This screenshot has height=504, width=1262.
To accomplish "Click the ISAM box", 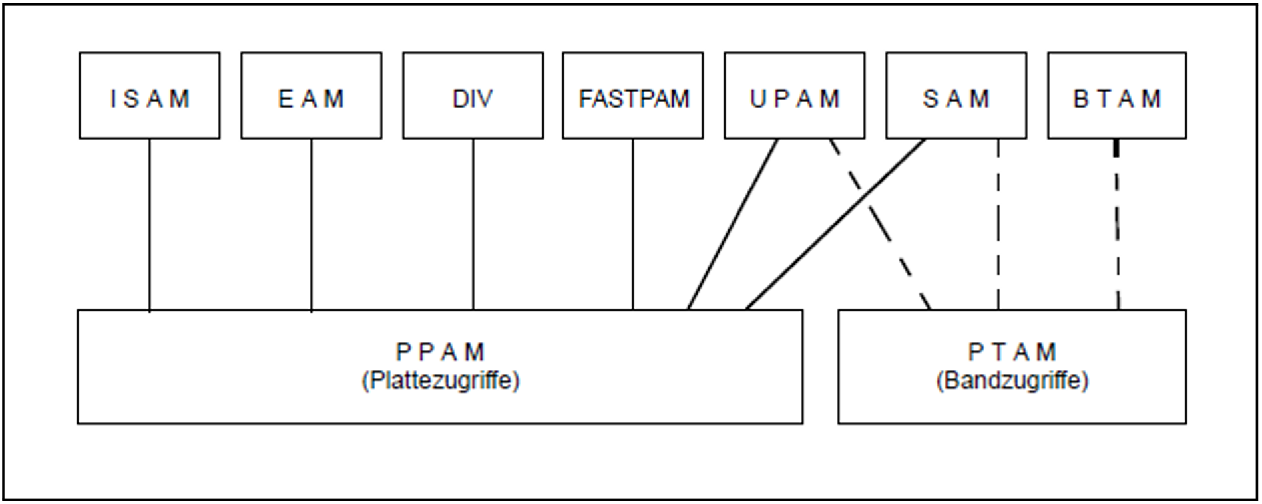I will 149,96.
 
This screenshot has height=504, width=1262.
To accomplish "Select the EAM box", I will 311,96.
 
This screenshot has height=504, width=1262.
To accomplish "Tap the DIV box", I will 473,96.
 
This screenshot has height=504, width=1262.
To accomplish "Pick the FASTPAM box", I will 632,96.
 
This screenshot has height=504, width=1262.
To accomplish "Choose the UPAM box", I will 794,96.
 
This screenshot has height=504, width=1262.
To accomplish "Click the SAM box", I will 956,96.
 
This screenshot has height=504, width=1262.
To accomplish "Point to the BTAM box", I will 1116,96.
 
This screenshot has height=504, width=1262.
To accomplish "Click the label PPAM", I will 440,351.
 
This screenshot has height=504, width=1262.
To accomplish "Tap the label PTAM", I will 1012,351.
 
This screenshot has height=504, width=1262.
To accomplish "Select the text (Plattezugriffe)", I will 440,381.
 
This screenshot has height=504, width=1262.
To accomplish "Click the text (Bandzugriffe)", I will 1012,381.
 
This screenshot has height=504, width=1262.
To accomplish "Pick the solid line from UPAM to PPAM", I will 733,224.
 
